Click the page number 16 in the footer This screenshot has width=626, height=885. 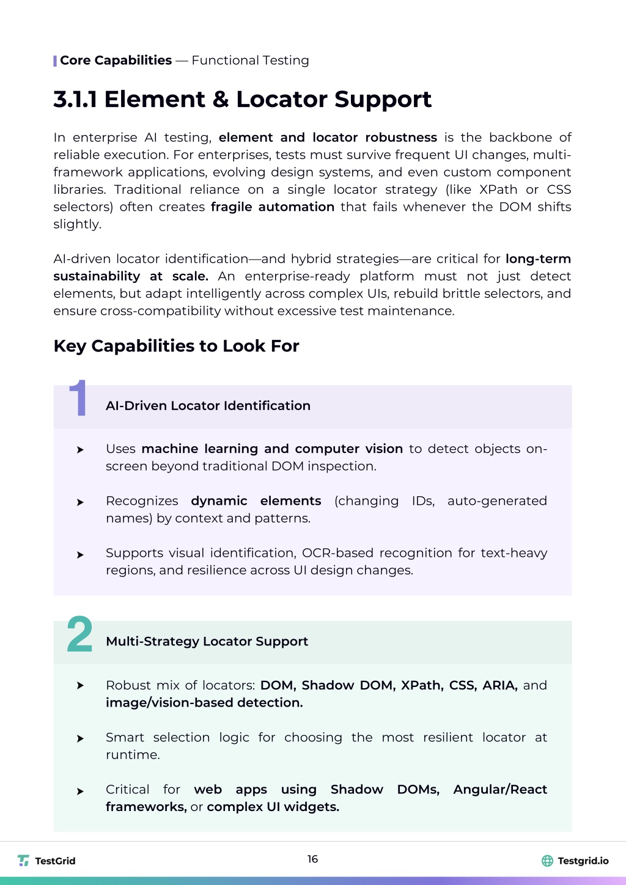pos(312,859)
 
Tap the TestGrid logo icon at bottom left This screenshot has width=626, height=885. pos(24,861)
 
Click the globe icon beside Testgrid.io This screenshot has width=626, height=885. pos(547,861)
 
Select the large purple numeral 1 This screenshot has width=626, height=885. pos(78,398)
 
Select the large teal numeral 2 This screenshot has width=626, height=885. pos(79,634)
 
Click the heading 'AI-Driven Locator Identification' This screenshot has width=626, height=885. pos(208,406)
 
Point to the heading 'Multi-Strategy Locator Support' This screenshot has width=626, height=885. pos(207,642)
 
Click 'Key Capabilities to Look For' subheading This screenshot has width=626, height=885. pos(176,346)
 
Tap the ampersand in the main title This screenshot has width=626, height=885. pos(221,100)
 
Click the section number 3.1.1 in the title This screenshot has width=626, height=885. pos(75,100)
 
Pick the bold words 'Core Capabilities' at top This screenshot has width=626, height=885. pos(116,61)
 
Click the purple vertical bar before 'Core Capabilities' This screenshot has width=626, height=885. pos(55,61)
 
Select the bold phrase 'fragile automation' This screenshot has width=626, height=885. pos(272,207)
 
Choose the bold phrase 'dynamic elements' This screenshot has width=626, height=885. pos(256,501)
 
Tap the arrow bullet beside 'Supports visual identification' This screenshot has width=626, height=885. pos(80,555)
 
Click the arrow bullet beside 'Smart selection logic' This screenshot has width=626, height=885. pos(80,739)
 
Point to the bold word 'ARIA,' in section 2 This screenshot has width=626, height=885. pos(499,686)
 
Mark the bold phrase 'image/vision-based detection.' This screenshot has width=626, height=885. pos(204,703)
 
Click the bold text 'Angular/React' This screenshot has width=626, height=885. pos(499,790)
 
